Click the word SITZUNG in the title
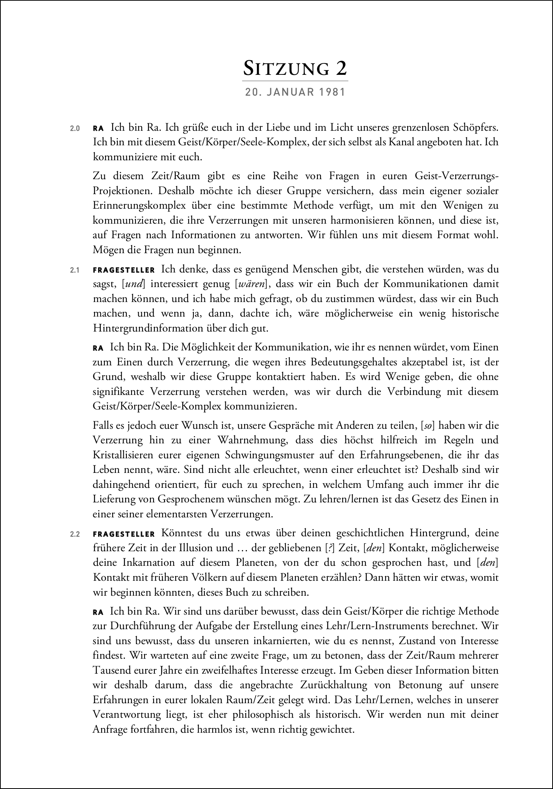tap(286, 69)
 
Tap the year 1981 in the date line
tap(332, 93)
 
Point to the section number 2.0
tap(75, 128)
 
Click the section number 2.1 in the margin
tap(75, 270)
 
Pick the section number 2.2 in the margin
tap(75, 534)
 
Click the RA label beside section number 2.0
tap(98, 128)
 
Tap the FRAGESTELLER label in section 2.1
tap(124, 270)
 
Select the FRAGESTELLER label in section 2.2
tap(124, 534)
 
